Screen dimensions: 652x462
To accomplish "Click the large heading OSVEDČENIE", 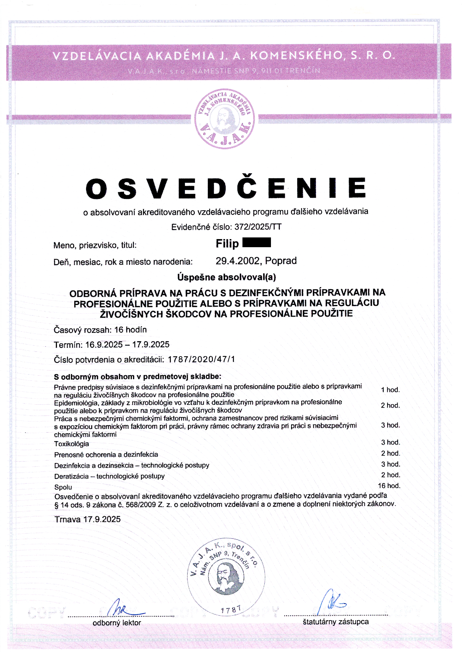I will [226, 188].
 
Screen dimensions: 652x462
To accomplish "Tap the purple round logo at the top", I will [225, 119].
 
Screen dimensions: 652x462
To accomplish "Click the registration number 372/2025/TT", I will [258, 227].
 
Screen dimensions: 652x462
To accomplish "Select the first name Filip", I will [227, 244].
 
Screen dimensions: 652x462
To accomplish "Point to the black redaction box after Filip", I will [256, 242].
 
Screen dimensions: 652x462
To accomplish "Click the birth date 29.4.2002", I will [237, 261].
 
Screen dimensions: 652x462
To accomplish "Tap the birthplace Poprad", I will [281, 261].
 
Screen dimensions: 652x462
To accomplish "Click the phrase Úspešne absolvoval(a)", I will [227, 277].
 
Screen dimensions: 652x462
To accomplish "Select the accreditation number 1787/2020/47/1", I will [201, 359].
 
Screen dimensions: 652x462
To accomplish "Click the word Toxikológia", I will [72, 444].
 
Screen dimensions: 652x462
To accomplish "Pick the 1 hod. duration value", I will [390, 390].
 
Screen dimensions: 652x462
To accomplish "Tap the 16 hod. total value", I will [389, 486].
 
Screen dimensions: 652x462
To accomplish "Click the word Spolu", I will [63, 487].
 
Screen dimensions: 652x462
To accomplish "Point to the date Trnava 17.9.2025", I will [88, 519].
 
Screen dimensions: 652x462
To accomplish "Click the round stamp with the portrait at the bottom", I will [226, 577].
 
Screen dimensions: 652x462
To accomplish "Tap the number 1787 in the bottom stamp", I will [231, 609].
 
